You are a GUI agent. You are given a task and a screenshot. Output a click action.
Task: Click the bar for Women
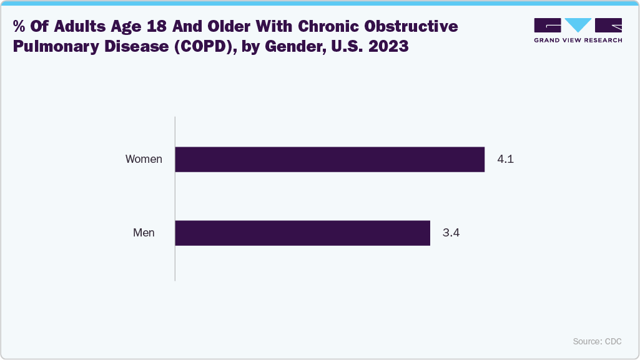coord(330,159)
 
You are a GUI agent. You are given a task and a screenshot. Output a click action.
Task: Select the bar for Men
coord(302,233)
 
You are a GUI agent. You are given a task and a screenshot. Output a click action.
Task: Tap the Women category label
coord(144,159)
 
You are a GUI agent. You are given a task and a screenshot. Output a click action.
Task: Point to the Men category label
coord(144,233)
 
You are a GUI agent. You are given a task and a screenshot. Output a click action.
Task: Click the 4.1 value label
coord(505,159)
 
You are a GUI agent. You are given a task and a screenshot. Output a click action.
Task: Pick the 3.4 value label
coord(451,233)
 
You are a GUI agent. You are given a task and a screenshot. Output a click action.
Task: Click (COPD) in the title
coord(197,47)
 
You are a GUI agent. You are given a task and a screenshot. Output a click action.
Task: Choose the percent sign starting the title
coord(18,27)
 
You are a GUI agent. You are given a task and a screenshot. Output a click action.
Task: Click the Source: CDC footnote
coord(597,341)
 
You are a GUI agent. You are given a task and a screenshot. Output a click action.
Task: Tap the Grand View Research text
coord(578,40)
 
